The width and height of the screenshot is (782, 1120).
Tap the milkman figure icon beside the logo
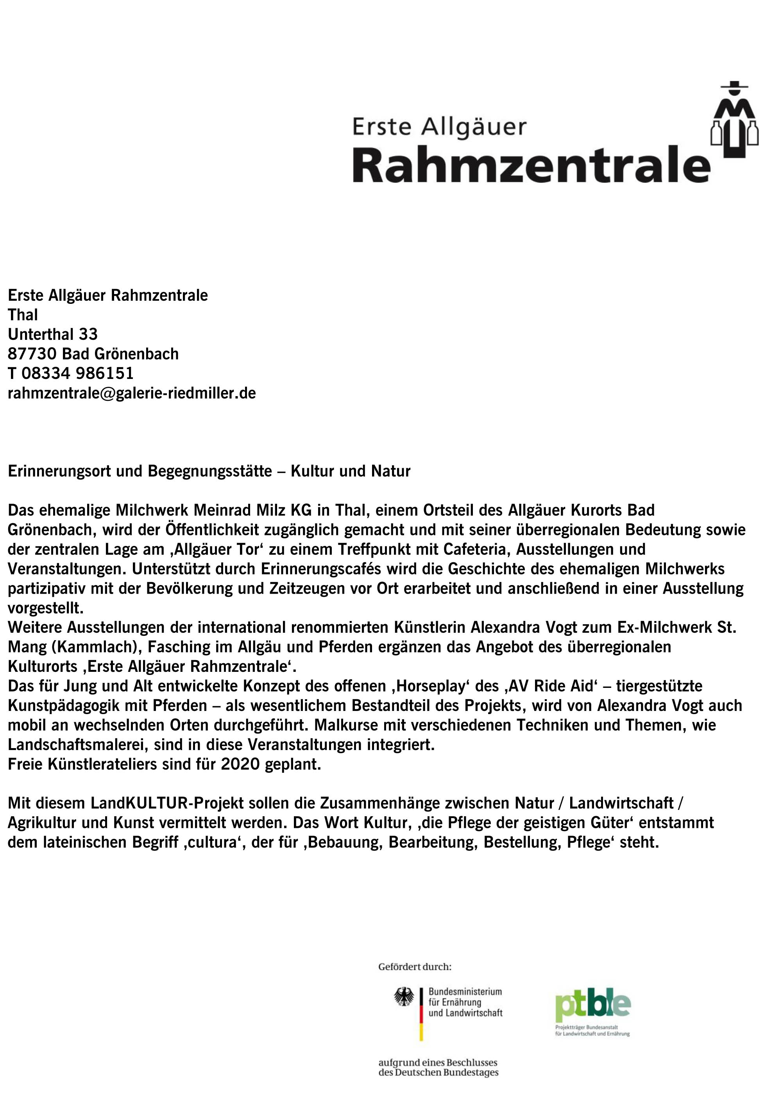click(x=734, y=120)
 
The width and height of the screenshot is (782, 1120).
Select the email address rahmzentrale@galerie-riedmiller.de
click(x=132, y=393)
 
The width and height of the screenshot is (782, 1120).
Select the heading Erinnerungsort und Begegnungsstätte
click(x=140, y=471)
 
